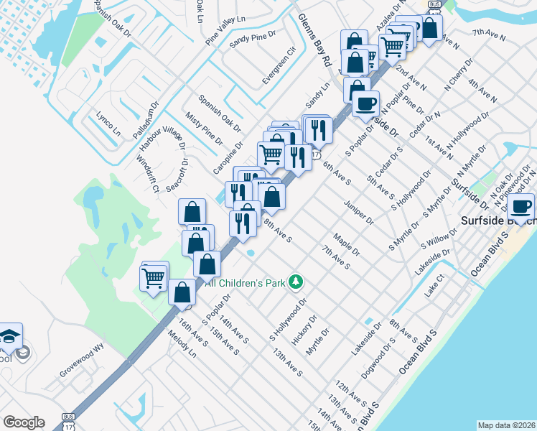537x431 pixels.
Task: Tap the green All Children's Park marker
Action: [294, 282]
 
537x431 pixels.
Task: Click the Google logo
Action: [24, 422]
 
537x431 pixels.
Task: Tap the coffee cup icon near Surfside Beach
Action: [520, 208]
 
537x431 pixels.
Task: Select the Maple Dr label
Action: [346, 246]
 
